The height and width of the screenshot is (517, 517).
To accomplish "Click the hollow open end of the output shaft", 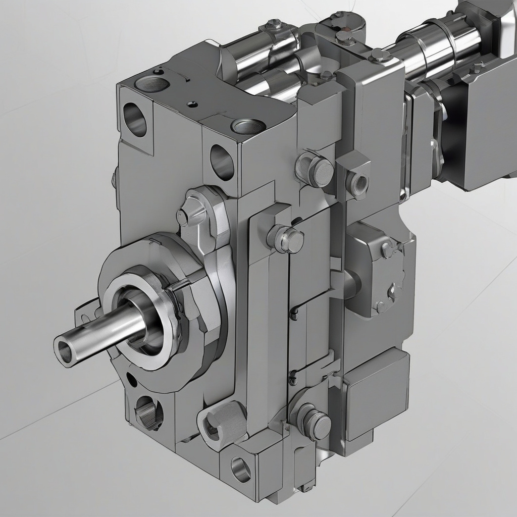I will [x=65, y=351].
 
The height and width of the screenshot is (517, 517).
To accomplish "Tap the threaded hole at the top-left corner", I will [x=151, y=84].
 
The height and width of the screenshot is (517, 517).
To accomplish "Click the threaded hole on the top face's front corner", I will [x=248, y=126].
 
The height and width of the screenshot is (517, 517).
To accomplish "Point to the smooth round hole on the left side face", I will [x=134, y=120].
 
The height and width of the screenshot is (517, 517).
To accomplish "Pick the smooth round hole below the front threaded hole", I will [x=222, y=162].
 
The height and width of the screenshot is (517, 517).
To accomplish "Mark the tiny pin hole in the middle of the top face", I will [x=192, y=105].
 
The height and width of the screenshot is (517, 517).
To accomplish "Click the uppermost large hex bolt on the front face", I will [x=316, y=170].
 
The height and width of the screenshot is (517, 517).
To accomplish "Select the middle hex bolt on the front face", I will [x=287, y=239].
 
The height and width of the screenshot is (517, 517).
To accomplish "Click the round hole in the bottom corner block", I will [x=241, y=470].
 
